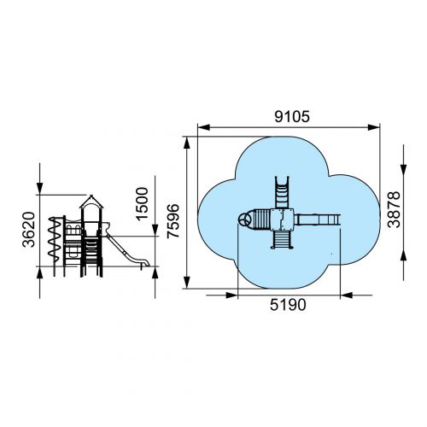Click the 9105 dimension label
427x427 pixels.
click(292, 117)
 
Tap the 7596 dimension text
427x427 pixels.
click(173, 221)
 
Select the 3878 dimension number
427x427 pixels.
click(394, 209)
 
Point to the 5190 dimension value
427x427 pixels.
click(288, 305)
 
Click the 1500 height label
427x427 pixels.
click(142, 204)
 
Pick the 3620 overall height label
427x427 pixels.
click(29, 230)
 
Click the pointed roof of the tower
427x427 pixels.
click(91, 202)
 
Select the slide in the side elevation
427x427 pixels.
click(126, 251)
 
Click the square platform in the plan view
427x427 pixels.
click(282, 219)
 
